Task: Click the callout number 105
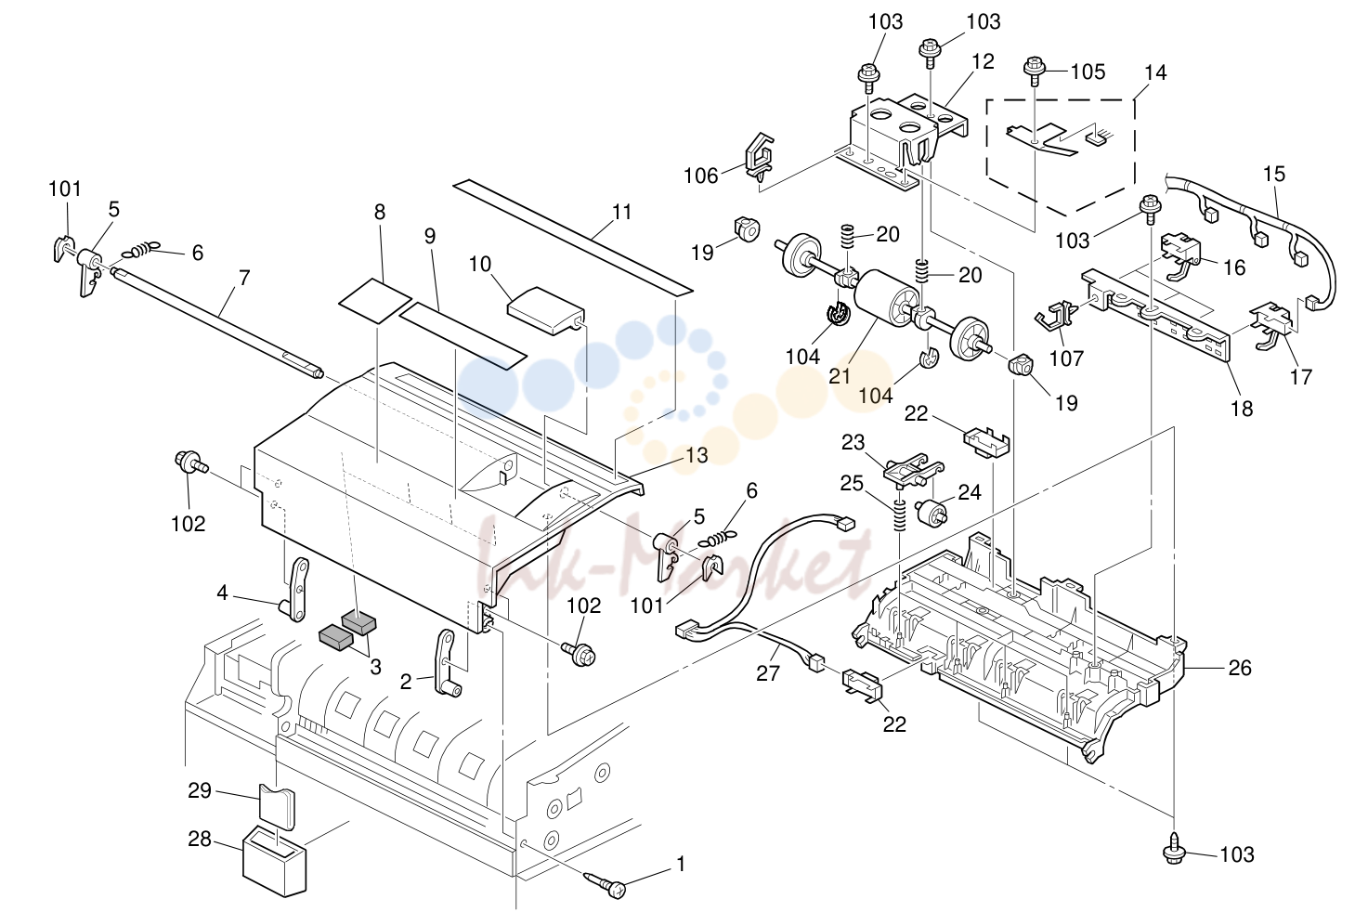1088,72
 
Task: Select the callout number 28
200,839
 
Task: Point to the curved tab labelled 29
277,806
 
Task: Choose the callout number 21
840,376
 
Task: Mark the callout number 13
697,455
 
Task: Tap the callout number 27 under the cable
768,673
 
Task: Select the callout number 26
1240,668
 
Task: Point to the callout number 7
243,278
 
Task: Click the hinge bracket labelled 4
296,590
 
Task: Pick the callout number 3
375,667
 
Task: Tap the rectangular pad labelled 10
547,310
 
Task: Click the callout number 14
1155,72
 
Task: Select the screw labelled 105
1036,72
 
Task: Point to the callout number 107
1066,358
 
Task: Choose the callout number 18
1242,409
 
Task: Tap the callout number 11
621,212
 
